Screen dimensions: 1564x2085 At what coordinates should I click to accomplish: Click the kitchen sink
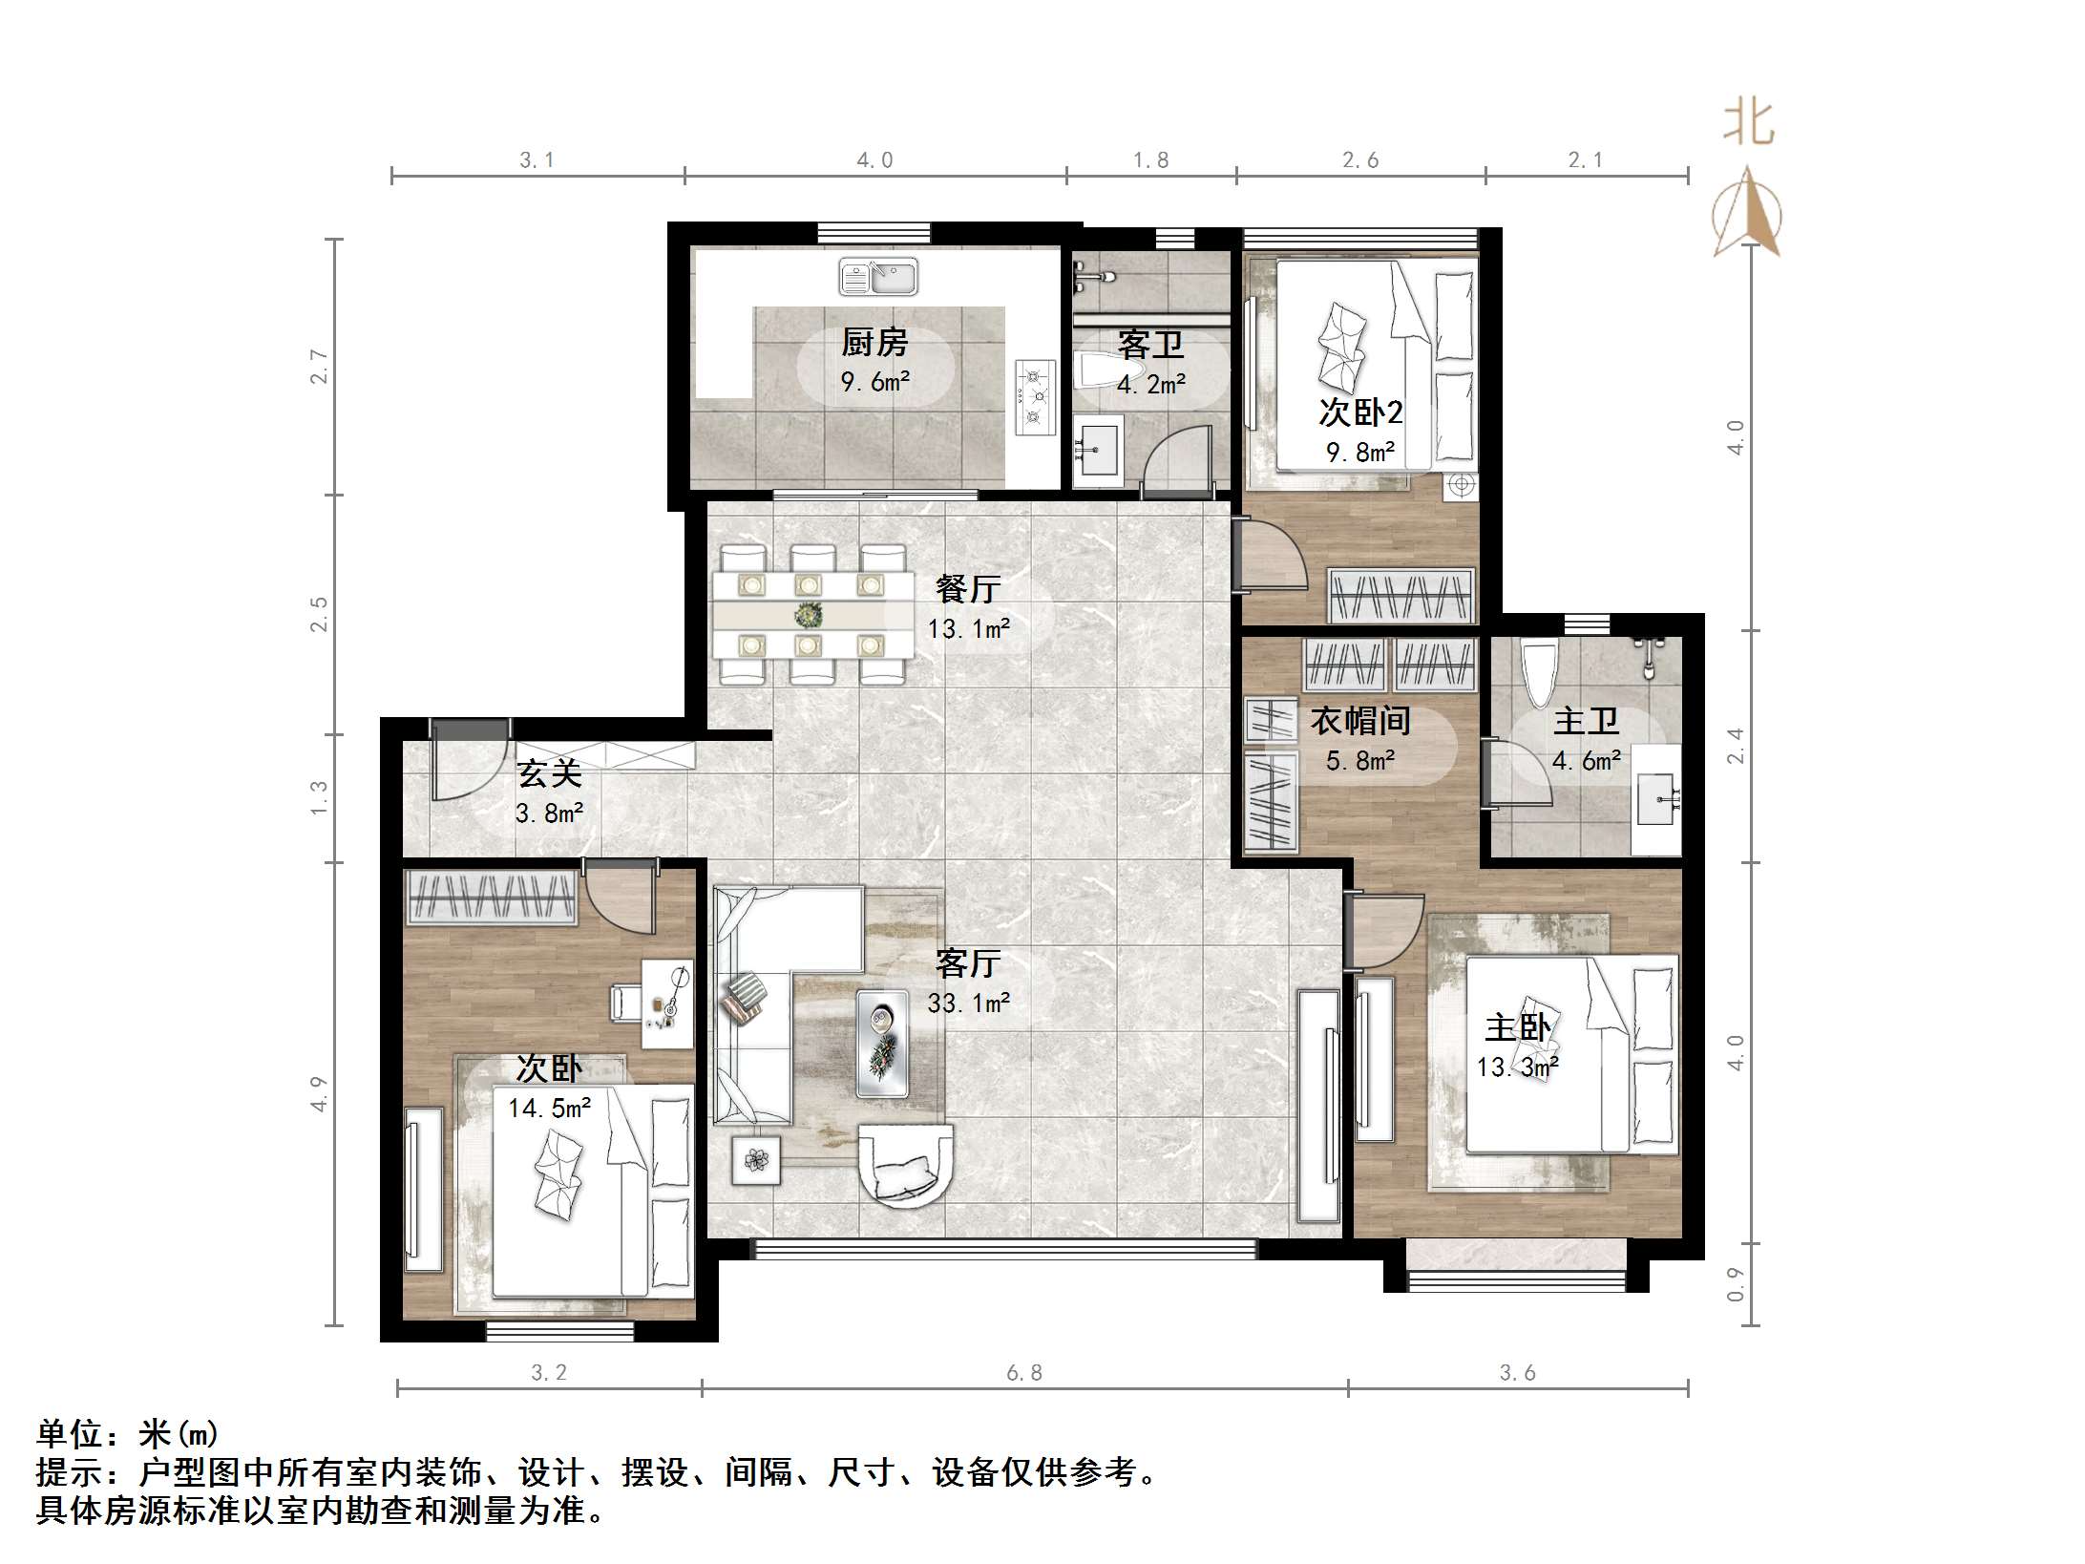tap(878, 278)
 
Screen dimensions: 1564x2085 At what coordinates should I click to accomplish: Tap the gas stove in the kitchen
tap(1035, 396)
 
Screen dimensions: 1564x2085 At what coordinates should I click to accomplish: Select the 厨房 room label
tap(874, 342)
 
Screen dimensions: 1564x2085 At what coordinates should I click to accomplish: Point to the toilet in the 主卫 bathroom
tap(1538, 674)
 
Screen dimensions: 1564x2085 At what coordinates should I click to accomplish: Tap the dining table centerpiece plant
tap(809, 614)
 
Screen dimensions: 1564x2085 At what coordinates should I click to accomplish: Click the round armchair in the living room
tap(904, 1165)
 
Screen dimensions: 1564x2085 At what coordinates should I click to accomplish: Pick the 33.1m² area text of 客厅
tap(968, 1003)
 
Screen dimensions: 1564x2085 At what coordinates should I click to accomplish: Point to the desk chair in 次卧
tap(626, 1002)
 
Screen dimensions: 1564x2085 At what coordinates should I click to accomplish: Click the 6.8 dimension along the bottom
tap(1023, 1373)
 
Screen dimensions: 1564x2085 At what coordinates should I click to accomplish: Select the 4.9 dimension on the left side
tap(319, 1093)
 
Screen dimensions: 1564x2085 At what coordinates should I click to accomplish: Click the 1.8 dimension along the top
tap(1150, 160)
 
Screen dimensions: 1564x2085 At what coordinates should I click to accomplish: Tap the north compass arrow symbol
tap(1748, 214)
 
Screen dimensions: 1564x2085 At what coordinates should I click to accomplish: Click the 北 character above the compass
tap(1749, 123)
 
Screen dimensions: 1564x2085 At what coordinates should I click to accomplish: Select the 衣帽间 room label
tap(1359, 720)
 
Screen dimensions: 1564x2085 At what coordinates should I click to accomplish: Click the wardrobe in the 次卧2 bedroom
tap(1401, 596)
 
